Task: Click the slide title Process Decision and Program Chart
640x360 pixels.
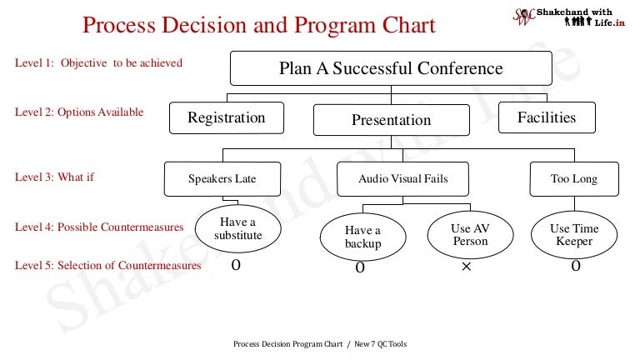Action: [258, 25]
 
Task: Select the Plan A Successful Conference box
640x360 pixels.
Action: [391, 68]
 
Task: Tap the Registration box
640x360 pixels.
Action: [226, 117]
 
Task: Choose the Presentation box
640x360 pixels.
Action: [391, 120]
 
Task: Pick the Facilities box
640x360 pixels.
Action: [547, 117]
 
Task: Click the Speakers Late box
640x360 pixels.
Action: [222, 178]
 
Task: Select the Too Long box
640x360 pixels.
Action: [573, 178]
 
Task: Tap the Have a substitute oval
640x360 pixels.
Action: [237, 228]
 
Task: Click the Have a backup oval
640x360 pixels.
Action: [362, 237]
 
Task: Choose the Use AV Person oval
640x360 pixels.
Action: [470, 235]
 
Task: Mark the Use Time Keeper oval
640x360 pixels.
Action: [574, 235]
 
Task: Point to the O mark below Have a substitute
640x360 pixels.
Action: [236, 265]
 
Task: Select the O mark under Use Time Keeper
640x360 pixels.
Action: [575, 267]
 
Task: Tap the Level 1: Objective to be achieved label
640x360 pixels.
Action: [99, 62]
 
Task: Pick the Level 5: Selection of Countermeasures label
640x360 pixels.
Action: [108, 265]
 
